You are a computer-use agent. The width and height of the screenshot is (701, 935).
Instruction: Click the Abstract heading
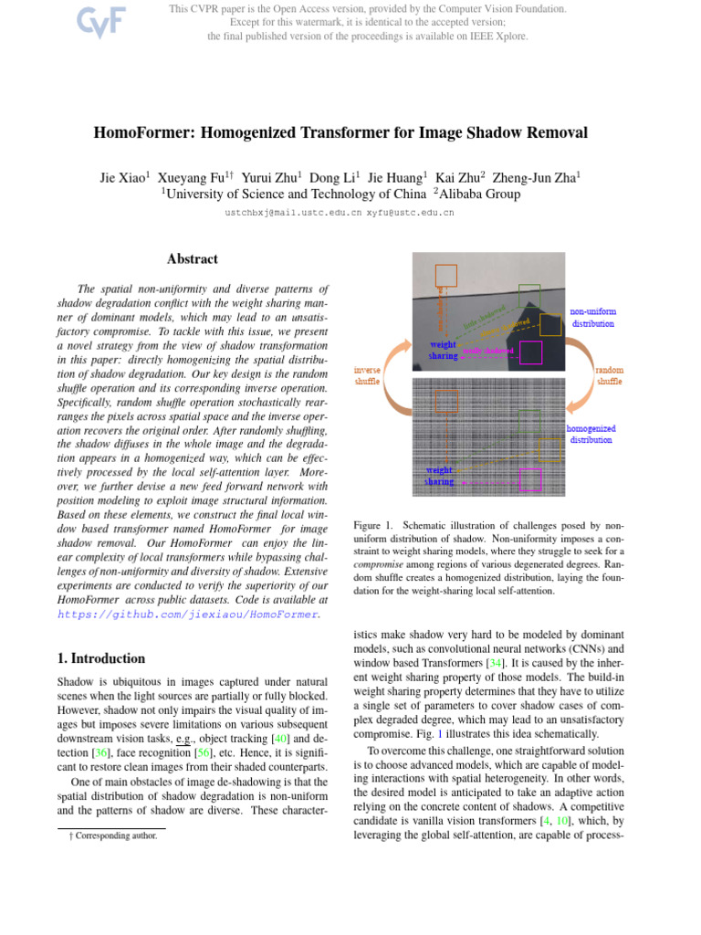[192, 259]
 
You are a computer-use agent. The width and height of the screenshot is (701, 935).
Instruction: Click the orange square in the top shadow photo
[445, 275]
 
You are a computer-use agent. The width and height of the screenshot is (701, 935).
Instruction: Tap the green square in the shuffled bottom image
[528, 420]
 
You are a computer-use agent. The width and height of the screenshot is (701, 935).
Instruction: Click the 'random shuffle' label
[609, 375]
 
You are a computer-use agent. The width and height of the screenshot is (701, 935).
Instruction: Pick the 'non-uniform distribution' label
[593, 317]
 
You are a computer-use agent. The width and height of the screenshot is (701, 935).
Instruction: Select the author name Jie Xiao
[123, 176]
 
